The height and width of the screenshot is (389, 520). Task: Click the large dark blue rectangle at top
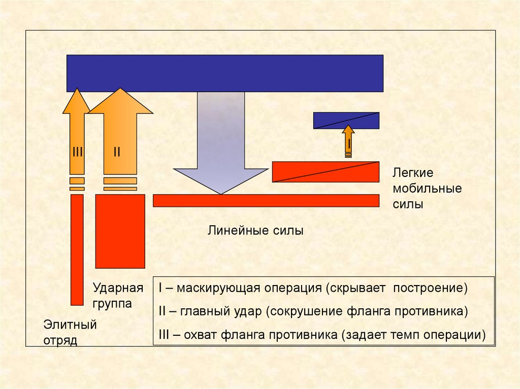(224, 73)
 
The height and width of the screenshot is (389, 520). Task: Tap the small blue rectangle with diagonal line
(346, 120)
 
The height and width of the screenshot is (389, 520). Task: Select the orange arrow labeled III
(77, 137)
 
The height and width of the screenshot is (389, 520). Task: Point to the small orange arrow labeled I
(349, 140)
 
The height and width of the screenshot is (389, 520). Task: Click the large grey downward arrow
(220, 147)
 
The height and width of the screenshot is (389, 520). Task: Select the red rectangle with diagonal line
(326, 171)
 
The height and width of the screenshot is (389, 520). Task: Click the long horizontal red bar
(266, 200)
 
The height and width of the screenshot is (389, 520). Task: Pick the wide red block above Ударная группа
(120, 231)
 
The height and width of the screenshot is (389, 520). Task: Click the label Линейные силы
(255, 231)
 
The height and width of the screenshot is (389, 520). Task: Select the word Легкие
(413, 172)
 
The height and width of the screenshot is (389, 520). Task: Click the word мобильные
(427, 189)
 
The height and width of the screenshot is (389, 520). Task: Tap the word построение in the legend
(435, 288)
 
